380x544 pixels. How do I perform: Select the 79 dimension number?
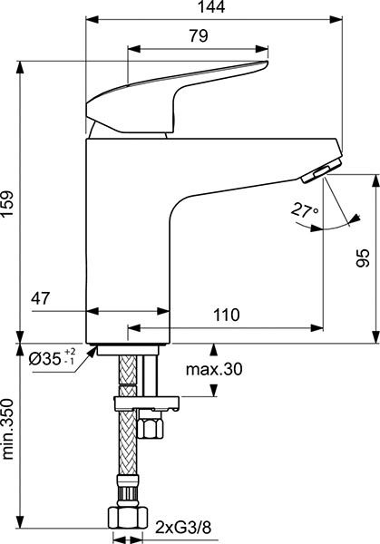(x=199, y=37)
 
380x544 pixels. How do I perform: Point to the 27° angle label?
(x=305, y=210)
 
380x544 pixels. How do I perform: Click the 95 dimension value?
(x=362, y=257)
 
